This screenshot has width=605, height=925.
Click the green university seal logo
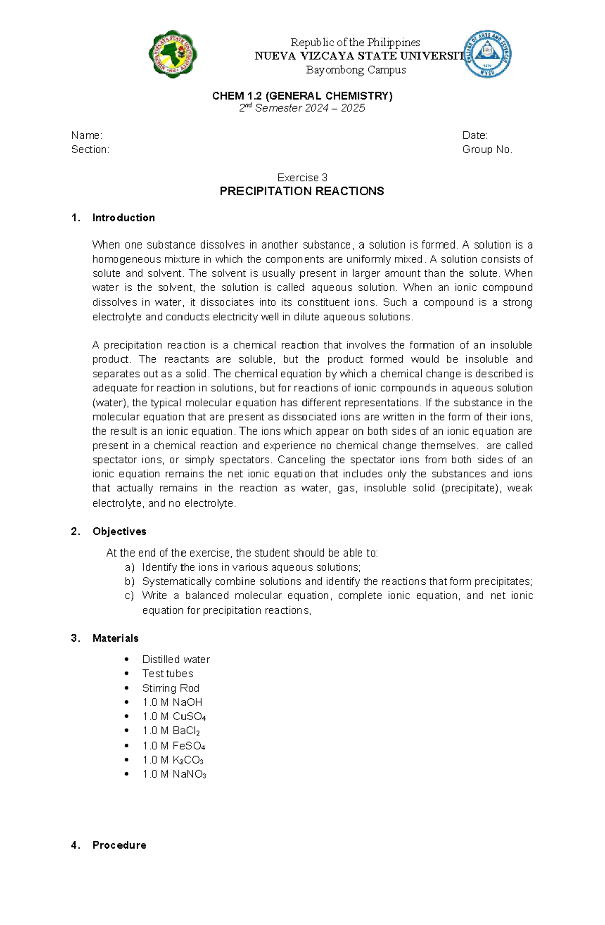coord(172,54)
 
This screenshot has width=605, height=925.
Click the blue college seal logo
coord(488,53)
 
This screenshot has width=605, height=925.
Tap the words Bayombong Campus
coord(355,70)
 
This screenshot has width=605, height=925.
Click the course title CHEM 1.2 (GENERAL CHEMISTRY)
coord(302,96)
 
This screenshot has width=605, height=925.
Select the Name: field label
coord(87,135)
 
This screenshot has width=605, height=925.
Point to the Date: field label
coord(475,135)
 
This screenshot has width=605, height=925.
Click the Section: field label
coord(90,150)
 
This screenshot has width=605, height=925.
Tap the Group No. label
coord(487,150)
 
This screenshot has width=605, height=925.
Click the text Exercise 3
coord(302,178)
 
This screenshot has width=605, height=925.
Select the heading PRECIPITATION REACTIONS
coord(302,191)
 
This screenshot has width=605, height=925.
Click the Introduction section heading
coord(124,218)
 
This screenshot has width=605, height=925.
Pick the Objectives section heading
coord(119,531)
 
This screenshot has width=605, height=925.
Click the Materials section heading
coord(115,638)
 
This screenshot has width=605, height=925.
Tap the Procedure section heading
coord(119,845)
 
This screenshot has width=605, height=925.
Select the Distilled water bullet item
coord(176,659)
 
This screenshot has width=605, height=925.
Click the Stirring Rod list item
coord(170,688)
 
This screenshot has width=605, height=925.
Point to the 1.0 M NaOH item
coord(172,702)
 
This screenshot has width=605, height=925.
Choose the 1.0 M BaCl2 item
coord(171,731)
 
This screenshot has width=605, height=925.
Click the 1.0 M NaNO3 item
coord(174,774)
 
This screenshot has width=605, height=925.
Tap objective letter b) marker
coord(130,581)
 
